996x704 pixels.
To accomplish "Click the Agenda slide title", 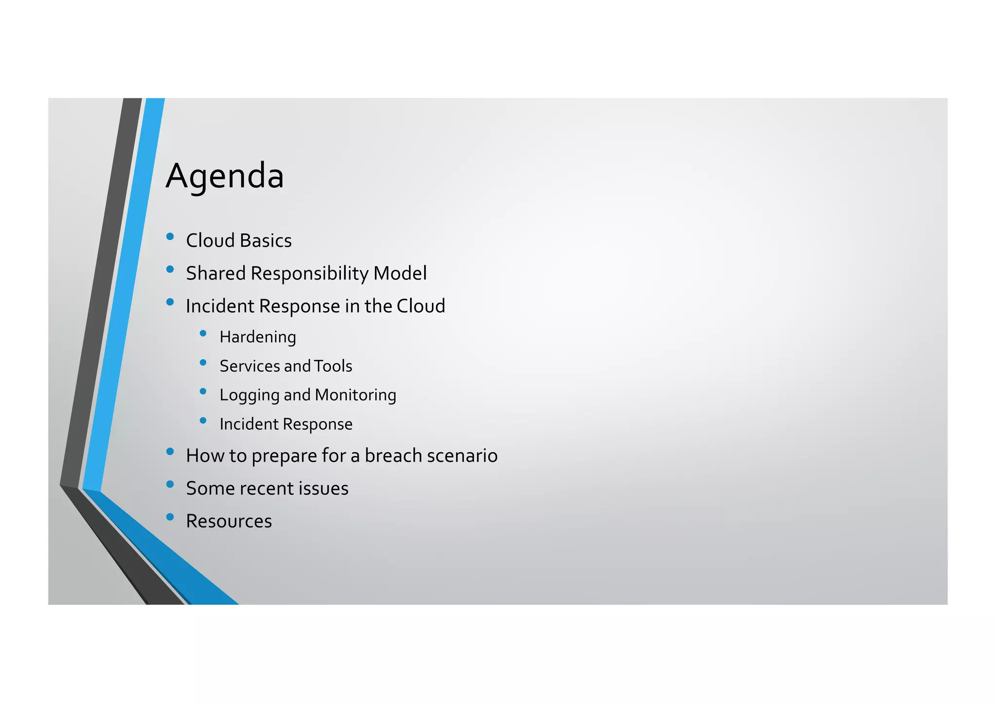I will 225,176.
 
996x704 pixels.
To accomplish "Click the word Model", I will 400,273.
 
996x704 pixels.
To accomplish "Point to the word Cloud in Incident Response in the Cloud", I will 421,307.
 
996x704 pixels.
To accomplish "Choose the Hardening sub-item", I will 258,337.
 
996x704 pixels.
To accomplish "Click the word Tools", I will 333,366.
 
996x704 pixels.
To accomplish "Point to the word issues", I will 323,488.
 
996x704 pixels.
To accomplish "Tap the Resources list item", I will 229,522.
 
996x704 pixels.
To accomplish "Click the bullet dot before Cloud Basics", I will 170,237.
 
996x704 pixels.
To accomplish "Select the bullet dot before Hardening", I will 203,333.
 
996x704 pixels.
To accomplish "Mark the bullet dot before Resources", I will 170,517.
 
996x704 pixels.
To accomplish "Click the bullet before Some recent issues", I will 170,484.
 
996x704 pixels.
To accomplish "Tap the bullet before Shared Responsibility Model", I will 170,270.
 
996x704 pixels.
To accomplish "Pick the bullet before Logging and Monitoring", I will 203,391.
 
